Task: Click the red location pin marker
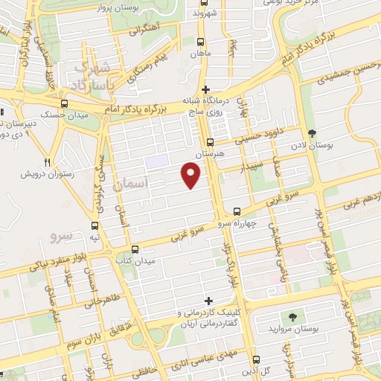pos(191,175)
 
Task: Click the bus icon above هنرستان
pos(210,141)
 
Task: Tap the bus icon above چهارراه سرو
pos(237,211)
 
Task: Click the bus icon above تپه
pos(95,225)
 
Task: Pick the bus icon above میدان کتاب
pos(135,249)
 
